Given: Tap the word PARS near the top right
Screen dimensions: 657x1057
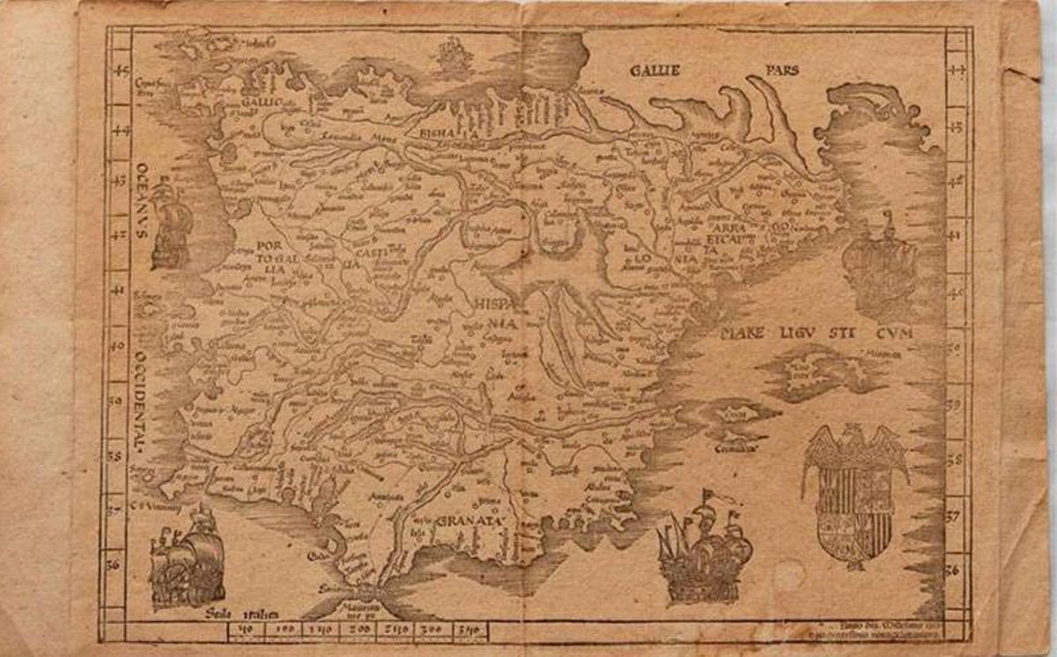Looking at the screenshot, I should click(781, 70).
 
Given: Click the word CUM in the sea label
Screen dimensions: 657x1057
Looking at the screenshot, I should click(895, 333).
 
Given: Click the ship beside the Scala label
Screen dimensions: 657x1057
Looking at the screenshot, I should click(187, 555).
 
